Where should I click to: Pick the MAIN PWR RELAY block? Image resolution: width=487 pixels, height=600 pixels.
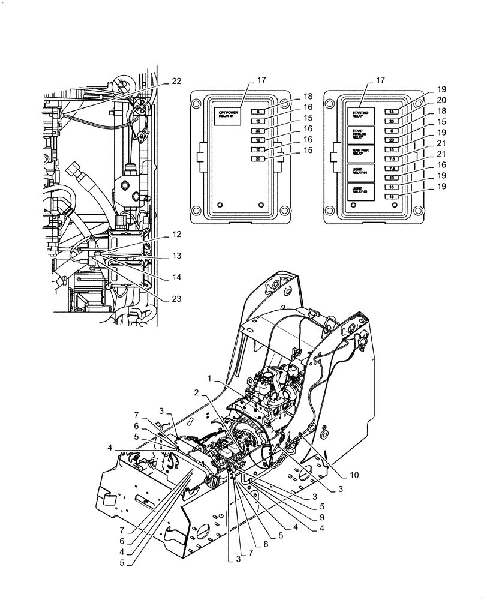(x=361, y=154)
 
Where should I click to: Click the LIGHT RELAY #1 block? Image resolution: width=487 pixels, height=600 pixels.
(x=361, y=172)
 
